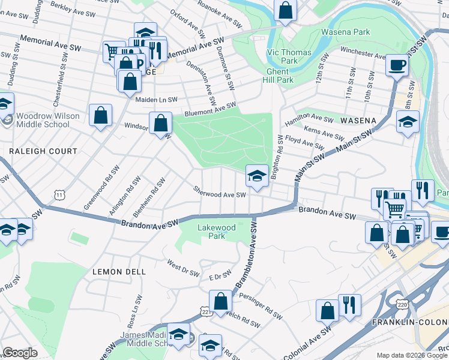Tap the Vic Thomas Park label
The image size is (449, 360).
(289, 56)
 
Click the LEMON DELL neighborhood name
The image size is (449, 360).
(119, 271)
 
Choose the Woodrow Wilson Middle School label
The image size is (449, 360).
(43, 120)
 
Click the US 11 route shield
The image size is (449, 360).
(59, 194)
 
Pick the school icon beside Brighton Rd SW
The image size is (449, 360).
(257, 175)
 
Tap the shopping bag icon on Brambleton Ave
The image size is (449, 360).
(220, 301)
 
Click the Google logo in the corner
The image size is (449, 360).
(19, 353)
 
